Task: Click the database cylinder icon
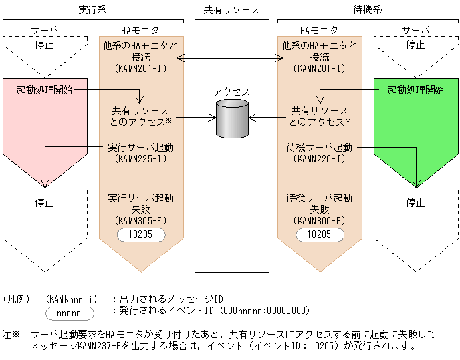[x=232, y=119]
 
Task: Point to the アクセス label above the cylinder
[x=231, y=92]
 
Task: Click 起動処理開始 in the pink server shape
[x=44, y=89]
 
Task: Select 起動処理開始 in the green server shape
[x=415, y=89]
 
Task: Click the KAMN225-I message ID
[x=140, y=159]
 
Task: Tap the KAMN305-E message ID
[x=140, y=220]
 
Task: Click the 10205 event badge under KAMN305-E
[x=140, y=234]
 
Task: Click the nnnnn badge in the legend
[x=70, y=313]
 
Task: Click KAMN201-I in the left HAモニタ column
[x=140, y=68]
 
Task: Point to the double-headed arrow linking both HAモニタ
[x=231, y=59]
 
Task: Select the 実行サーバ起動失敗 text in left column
[x=140, y=204]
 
